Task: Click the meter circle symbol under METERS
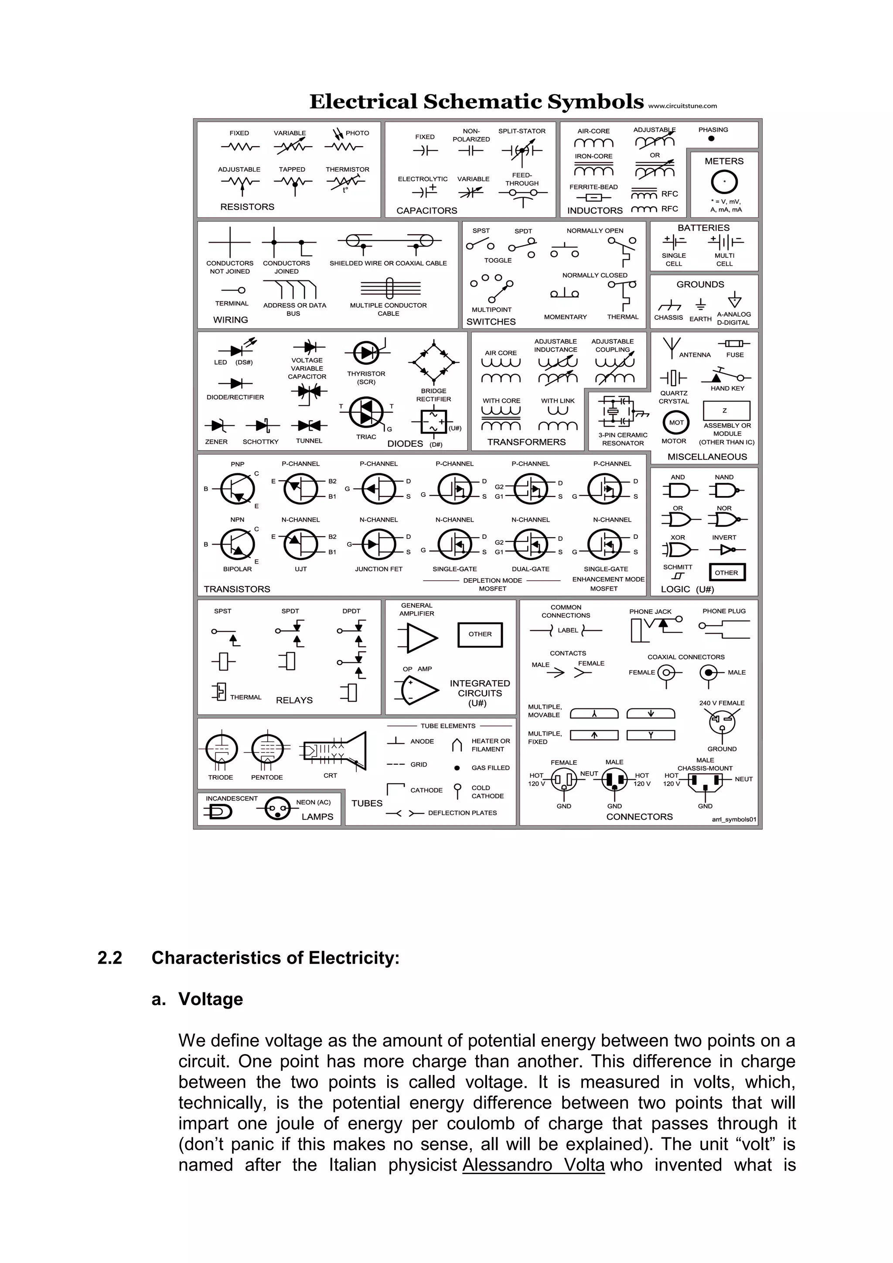pos(724,182)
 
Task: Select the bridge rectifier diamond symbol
pos(433,362)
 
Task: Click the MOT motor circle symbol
pos(676,422)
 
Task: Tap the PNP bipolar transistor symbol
pos(238,489)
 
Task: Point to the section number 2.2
pos(109,958)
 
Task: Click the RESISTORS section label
pos(247,207)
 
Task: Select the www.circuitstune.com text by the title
pos(682,106)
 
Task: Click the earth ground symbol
pos(700,305)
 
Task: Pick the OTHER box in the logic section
pos(726,573)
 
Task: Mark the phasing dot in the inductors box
pos(712,139)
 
